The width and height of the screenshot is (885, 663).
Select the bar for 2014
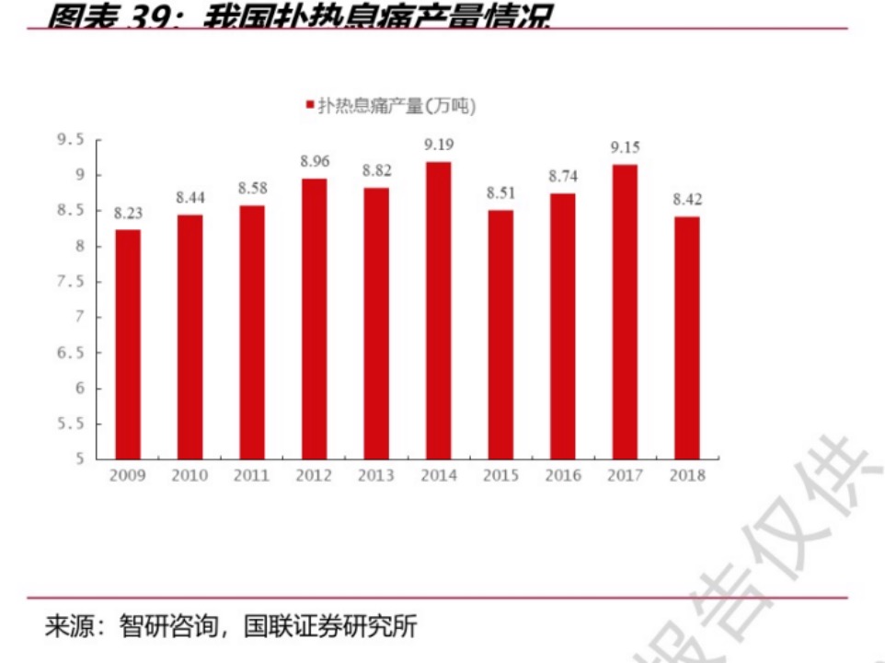point(438,310)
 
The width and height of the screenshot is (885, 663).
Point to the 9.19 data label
point(438,145)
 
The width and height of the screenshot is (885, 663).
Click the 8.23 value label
point(128,213)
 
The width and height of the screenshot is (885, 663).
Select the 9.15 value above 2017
point(625,147)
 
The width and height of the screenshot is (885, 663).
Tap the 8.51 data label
point(500,193)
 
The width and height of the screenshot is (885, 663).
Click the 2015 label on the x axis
point(500,476)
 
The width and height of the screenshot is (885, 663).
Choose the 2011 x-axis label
point(252,476)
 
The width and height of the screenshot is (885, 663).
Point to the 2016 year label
point(562,476)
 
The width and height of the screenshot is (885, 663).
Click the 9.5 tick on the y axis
point(69,140)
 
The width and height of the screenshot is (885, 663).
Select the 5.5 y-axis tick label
point(69,424)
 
